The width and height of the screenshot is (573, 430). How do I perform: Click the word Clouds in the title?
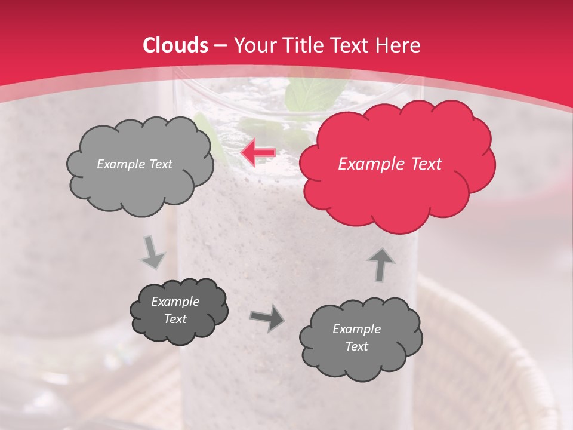[175, 45]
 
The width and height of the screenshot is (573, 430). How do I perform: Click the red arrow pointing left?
[258, 153]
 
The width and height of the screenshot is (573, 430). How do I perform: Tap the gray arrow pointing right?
[267, 320]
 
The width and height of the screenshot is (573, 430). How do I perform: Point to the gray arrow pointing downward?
[153, 253]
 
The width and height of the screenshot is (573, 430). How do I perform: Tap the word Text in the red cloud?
[425, 164]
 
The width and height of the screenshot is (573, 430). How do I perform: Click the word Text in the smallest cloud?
[175, 319]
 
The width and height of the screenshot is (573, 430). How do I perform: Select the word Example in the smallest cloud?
[175, 302]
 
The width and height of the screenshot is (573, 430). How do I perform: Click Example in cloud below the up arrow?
[356, 328]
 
